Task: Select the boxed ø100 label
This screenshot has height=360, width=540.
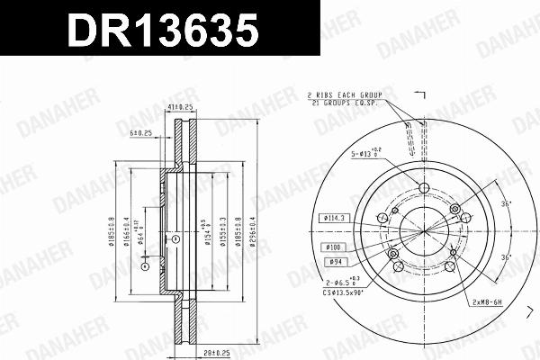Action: (329, 246)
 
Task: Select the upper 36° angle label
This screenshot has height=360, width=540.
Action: (506, 204)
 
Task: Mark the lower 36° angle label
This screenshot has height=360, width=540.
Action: (506, 258)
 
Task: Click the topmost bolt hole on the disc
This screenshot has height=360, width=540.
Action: (424, 187)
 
